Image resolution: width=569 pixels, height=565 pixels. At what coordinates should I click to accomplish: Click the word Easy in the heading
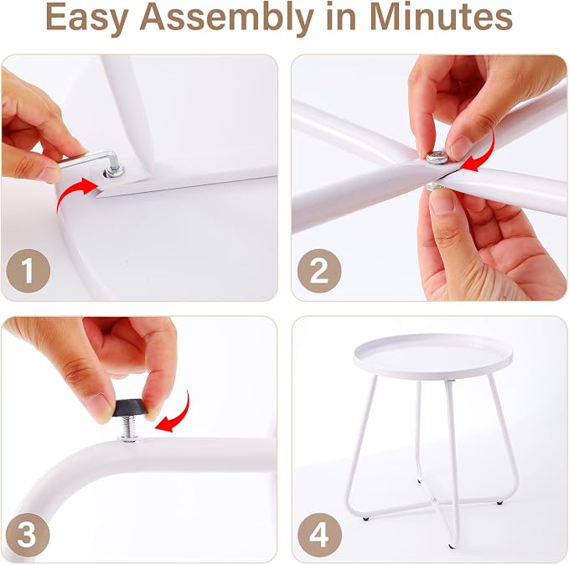pyautogui.click(x=88, y=17)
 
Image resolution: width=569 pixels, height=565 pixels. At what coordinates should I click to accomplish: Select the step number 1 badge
pyautogui.click(x=28, y=271)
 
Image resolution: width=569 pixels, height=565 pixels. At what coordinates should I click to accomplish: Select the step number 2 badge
pyautogui.click(x=319, y=271)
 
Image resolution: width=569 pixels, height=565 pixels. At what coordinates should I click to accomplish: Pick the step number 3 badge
pyautogui.click(x=28, y=534)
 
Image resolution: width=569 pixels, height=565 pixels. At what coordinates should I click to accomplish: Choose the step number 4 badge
pyautogui.click(x=319, y=535)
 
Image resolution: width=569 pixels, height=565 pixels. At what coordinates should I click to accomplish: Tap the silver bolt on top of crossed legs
pyautogui.click(x=437, y=158)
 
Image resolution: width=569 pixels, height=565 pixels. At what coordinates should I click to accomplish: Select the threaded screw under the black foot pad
pyautogui.click(x=130, y=428)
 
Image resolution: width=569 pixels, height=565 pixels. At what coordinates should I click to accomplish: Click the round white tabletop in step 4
pyautogui.click(x=433, y=355)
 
